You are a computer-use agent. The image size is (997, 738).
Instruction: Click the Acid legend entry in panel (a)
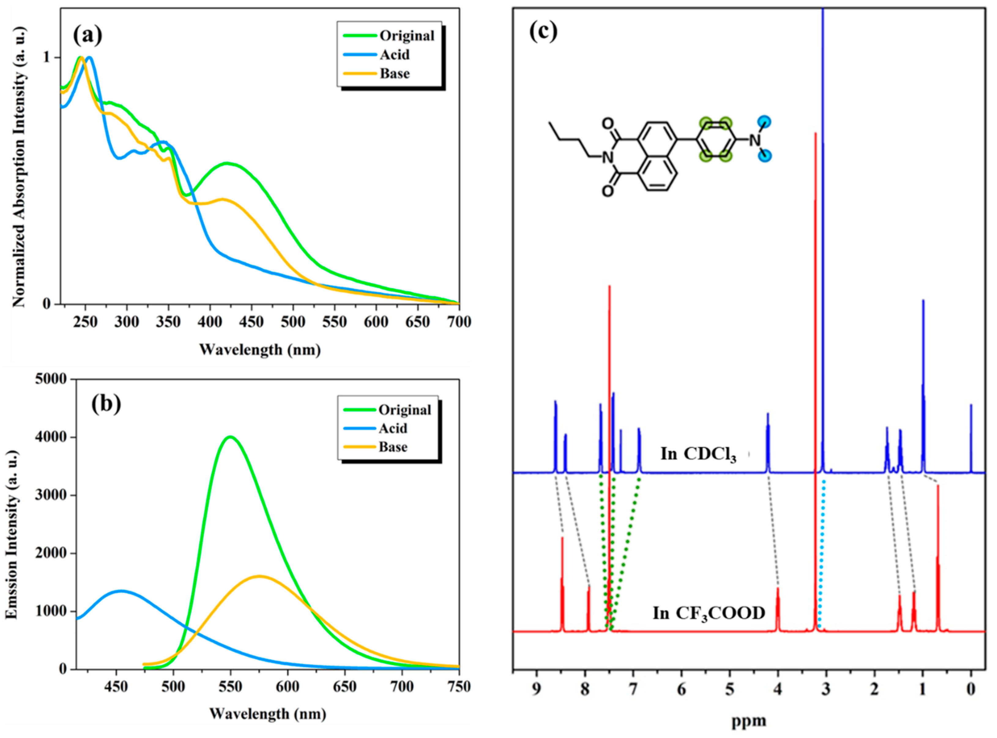(x=394, y=55)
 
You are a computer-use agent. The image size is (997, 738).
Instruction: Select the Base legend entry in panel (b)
(x=392, y=447)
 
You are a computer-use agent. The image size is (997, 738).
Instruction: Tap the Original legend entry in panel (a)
(x=406, y=36)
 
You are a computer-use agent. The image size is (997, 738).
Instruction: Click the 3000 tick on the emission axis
(x=50, y=496)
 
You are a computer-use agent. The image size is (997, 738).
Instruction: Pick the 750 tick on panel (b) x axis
(x=459, y=687)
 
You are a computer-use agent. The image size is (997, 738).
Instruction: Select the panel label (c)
(x=543, y=31)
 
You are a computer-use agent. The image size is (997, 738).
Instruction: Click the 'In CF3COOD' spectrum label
(x=709, y=613)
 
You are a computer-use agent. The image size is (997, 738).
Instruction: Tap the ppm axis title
(x=748, y=720)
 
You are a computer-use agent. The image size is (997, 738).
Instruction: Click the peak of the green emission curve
(x=230, y=437)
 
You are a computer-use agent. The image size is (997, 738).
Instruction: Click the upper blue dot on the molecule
(x=764, y=122)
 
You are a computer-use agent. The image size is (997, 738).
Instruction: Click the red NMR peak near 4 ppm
(x=777, y=590)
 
